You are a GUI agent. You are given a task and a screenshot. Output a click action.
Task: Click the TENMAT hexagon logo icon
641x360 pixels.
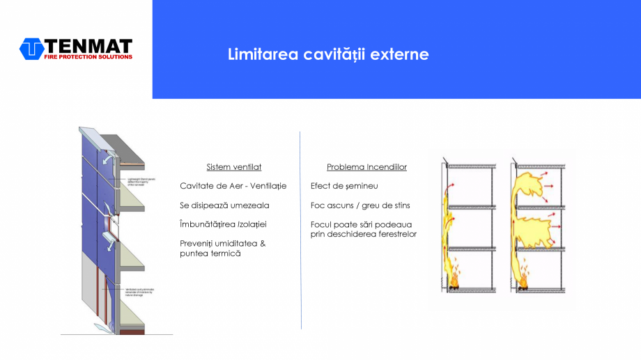[x=32, y=49]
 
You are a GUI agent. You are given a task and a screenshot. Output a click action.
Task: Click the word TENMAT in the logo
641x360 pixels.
[x=88, y=46]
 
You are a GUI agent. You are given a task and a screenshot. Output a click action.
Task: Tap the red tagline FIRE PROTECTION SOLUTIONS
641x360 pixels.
[x=88, y=57]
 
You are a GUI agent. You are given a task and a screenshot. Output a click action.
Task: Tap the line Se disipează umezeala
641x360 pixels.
[x=224, y=205]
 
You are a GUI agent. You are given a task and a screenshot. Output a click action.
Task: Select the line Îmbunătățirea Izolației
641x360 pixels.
[x=223, y=224]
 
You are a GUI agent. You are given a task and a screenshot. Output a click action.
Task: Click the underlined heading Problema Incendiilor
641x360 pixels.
[x=366, y=167]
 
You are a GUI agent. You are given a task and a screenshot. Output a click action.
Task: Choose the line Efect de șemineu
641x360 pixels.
[x=344, y=186]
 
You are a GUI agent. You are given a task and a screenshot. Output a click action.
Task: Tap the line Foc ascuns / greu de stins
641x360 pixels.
[x=360, y=205]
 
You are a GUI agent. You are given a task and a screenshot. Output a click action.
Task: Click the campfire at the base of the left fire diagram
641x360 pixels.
[x=454, y=281]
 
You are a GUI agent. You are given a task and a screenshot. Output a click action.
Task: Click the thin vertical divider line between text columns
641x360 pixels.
[x=301, y=230]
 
